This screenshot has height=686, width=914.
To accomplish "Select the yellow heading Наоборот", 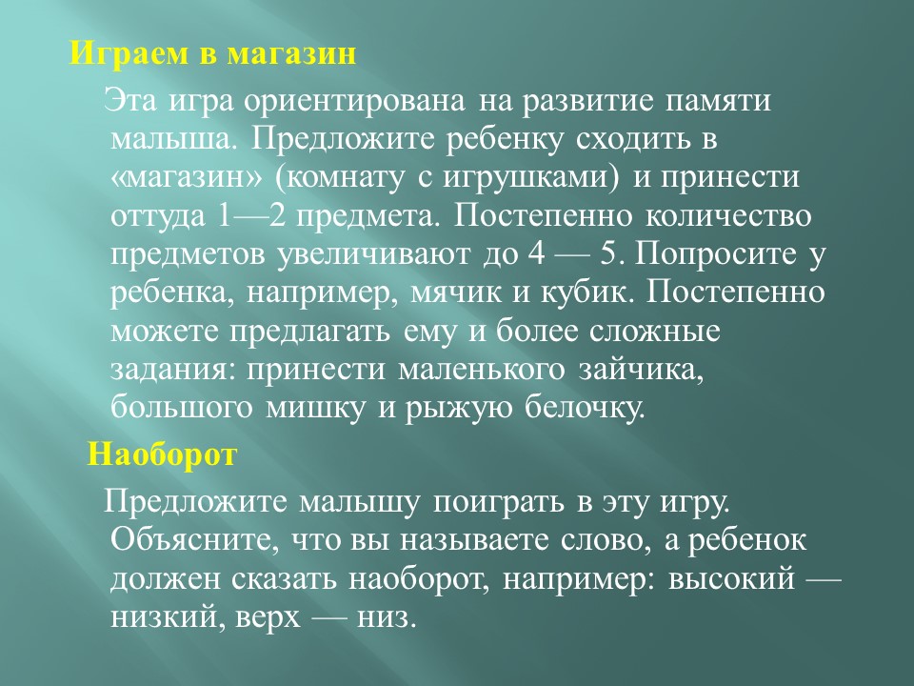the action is [162, 454].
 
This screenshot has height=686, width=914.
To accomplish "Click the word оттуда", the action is [158, 216].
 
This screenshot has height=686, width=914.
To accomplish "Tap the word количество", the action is [728, 216].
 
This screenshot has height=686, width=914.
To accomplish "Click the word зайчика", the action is [641, 370].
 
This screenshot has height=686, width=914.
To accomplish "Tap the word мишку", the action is [317, 408].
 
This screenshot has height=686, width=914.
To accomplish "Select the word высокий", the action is [731, 580].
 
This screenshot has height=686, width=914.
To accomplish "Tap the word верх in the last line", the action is [268, 618].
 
